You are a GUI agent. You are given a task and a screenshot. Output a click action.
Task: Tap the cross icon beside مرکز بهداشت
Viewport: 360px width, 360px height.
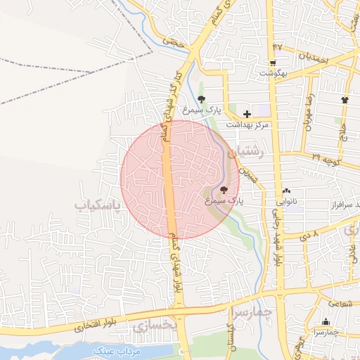(247, 113)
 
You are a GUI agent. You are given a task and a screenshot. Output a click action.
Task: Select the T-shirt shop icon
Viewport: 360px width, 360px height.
(345, 100)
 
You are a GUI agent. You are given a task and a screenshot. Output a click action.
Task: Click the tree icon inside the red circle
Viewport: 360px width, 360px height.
(224, 189)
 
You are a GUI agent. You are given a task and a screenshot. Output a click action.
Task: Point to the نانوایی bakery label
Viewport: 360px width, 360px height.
(285, 202)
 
